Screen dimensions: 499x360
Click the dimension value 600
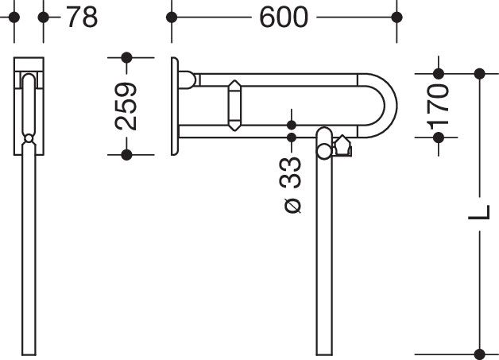click(284, 17)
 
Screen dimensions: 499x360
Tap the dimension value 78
click(82, 17)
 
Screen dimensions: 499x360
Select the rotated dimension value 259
click(126, 106)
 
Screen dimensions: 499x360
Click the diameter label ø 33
click(290, 185)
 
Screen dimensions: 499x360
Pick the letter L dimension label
click(478, 213)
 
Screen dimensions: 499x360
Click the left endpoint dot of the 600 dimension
click(172, 17)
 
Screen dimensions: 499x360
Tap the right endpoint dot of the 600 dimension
click(396, 17)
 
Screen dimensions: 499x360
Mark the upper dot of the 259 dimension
click(126, 57)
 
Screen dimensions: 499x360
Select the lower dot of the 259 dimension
click(126, 155)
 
